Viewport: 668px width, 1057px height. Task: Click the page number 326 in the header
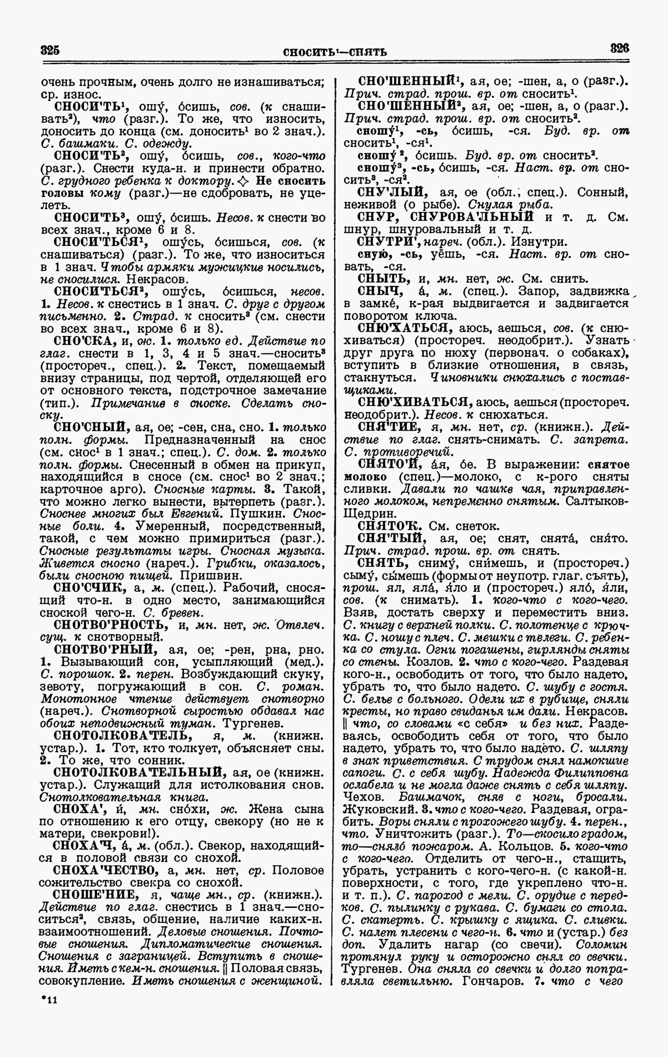(619, 48)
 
